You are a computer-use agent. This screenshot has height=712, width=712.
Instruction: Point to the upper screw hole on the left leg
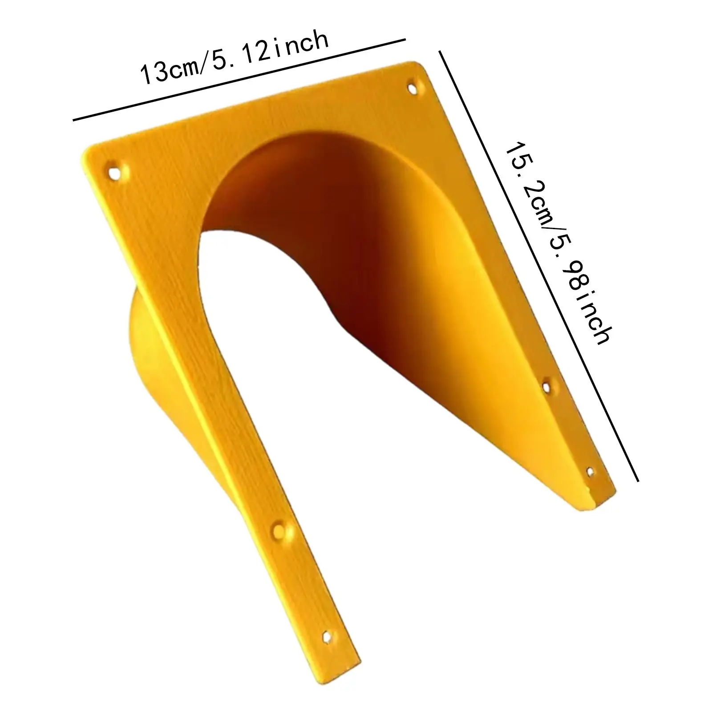[x=279, y=529]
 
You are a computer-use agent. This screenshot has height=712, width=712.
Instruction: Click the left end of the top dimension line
[x=74, y=120]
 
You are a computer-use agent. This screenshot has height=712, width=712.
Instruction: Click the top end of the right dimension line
[x=441, y=52]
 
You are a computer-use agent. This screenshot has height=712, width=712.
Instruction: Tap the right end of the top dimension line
[x=405, y=40]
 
